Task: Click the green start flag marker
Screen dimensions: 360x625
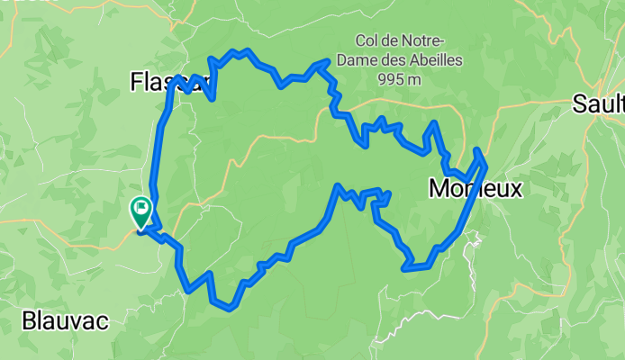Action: pos(141,211)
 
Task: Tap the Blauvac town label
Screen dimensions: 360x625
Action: pos(66,321)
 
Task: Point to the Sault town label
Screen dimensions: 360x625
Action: pos(598,104)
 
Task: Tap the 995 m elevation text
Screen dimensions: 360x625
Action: pos(402,78)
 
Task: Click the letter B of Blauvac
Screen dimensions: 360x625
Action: pos(29,321)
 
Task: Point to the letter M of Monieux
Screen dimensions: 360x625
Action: pos(439,189)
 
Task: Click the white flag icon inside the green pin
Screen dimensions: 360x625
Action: pos(141,209)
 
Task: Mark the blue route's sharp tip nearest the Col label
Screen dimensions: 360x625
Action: pos(326,62)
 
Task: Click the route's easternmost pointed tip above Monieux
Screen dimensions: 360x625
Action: pos(485,165)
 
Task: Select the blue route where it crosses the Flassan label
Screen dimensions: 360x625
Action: pos(195,84)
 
